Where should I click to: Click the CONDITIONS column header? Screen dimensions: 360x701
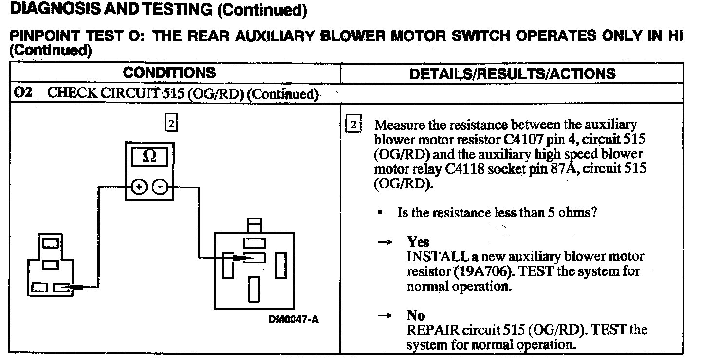[169, 73]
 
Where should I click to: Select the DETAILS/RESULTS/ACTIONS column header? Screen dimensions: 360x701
[512, 74]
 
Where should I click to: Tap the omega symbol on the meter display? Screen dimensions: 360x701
[150, 157]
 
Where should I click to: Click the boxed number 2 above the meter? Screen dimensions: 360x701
[171, 124]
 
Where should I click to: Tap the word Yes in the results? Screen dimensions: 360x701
[418, 242]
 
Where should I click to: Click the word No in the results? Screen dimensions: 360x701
[416, 315]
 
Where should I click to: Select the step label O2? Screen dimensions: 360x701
[23, 93]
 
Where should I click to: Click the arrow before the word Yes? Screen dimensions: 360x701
[385, 242]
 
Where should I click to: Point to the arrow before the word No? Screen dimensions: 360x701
[385, 316]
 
